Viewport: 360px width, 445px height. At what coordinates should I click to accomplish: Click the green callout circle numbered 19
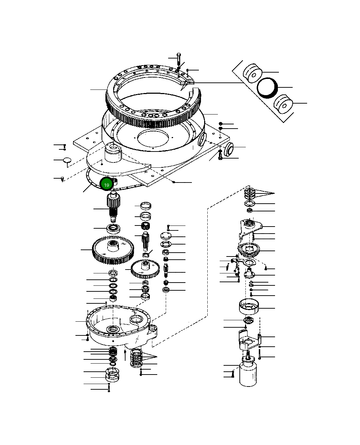pyautogui.click(x=106, y=184)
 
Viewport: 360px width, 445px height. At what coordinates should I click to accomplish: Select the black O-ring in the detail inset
pyautogui.click(x=267, y=87)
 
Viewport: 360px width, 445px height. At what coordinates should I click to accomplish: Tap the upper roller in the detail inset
pyautogui.click(x=252, y=74)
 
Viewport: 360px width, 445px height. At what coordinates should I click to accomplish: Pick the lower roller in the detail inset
pyautogui.click(x=283, y=104)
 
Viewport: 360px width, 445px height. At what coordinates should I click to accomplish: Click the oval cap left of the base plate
pyautogui.click(x=67, y=160)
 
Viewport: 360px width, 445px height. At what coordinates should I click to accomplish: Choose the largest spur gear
pyautogui.click(x=113, y=250)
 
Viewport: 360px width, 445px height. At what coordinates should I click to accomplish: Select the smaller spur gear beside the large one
pyautogui.click(x=145, y=268)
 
